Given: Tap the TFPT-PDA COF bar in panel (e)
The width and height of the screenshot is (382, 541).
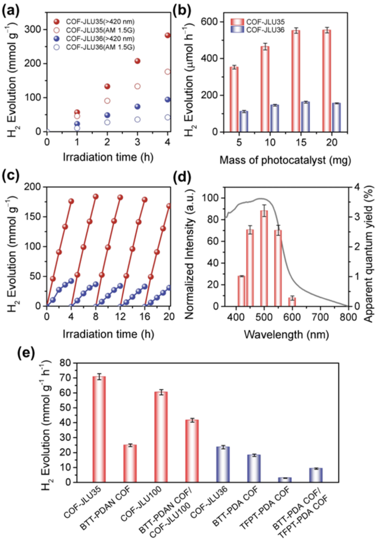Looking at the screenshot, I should click(285, 479).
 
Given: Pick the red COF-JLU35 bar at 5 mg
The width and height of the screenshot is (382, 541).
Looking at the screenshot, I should click(234, 99).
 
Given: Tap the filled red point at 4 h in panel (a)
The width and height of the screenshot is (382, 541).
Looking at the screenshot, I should click(168, 35).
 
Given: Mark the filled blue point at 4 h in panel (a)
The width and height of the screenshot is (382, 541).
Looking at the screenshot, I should click(168, 100).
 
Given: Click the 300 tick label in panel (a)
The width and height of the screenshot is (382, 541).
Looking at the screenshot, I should click(32, 30).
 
